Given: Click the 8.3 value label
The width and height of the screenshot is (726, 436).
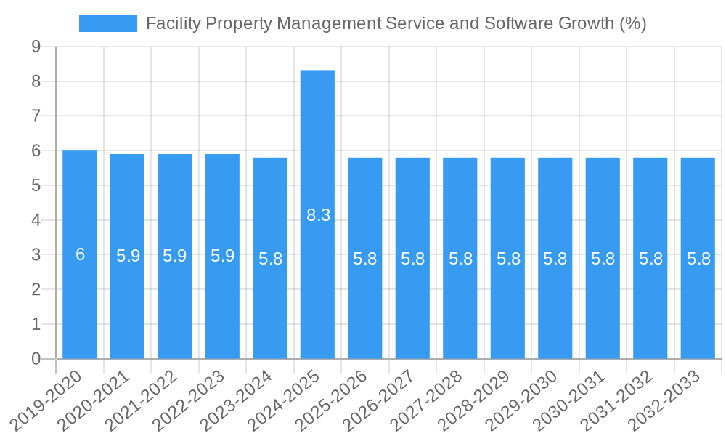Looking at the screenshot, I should click(318, 215).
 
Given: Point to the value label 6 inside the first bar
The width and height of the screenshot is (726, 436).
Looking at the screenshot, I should click(80, 254).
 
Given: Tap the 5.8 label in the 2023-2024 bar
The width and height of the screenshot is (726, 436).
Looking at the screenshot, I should click(270, 259).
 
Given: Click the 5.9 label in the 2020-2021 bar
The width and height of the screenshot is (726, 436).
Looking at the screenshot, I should click(128, 256).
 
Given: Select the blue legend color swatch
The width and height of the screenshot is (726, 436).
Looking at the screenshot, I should click(107, 23).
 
